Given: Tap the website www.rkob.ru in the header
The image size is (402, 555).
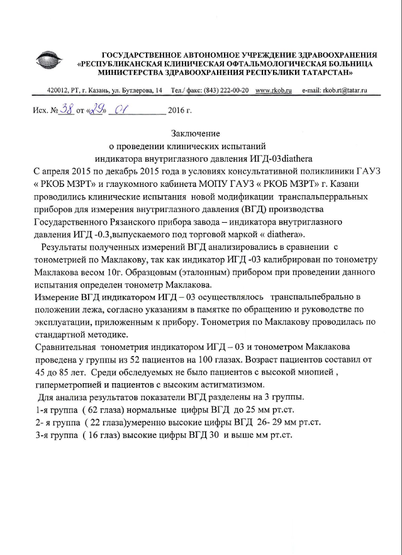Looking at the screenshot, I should coord(274,92).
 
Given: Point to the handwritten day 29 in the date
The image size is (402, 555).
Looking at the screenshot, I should coord(97,111).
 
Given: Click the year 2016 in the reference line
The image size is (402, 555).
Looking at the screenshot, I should coord(176,113).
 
